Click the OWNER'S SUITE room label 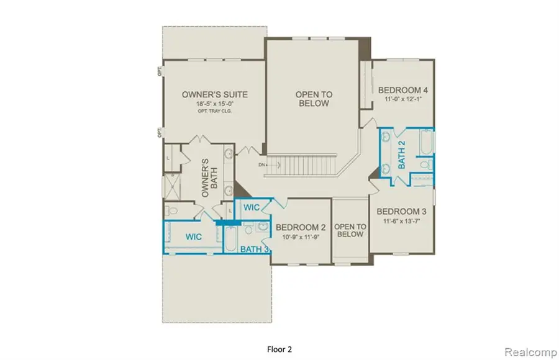point(214,94)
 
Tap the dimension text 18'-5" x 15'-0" point(214,104)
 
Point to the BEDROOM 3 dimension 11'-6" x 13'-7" point(402,220)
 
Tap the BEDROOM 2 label point(301,227)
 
